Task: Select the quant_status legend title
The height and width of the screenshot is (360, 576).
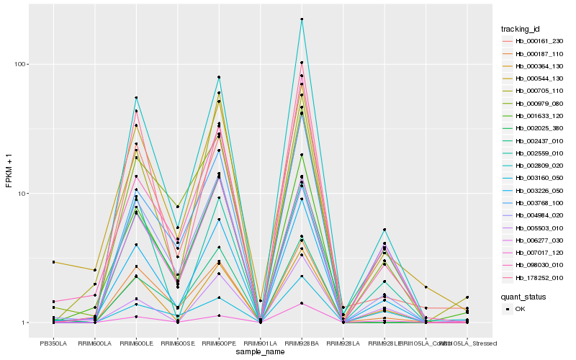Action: click(x=523, y=296)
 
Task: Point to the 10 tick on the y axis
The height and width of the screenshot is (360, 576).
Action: click(x=22, y=194)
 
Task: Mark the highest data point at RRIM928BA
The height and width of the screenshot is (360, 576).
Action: click(x=302, y=19)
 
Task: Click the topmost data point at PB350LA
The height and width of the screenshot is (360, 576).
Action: click(x=53, y=262)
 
